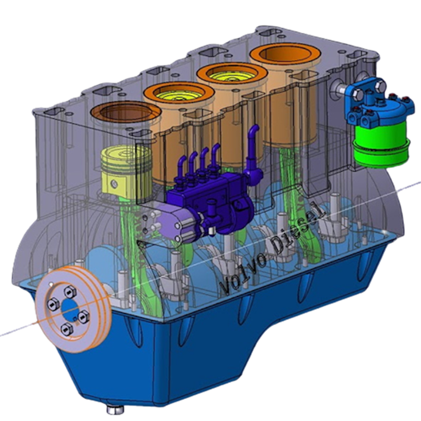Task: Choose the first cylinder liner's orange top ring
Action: [x=125, y=113]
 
